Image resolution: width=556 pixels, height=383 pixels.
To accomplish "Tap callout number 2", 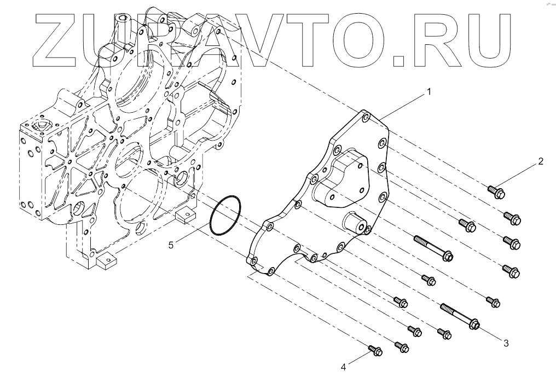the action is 540,161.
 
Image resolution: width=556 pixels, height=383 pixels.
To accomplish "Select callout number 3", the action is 506,343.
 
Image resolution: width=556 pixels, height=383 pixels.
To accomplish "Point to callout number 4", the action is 343,367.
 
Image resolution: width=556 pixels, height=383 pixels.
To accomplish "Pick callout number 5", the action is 171,245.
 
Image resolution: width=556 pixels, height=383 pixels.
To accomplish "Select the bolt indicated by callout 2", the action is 495,191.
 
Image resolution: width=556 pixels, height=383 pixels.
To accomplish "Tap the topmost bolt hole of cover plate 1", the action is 366,118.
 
